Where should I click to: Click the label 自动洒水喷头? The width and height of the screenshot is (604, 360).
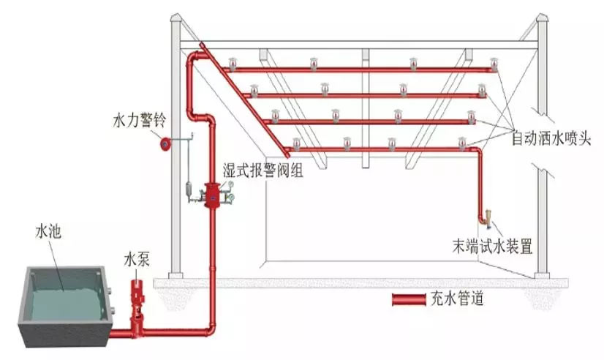click(x=553, y=137)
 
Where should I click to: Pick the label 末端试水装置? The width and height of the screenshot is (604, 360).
click(x=491, y=247)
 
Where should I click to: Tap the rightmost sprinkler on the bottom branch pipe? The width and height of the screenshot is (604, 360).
click(x=461, y=141)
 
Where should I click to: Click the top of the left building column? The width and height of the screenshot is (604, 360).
click(x=175, y=26)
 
